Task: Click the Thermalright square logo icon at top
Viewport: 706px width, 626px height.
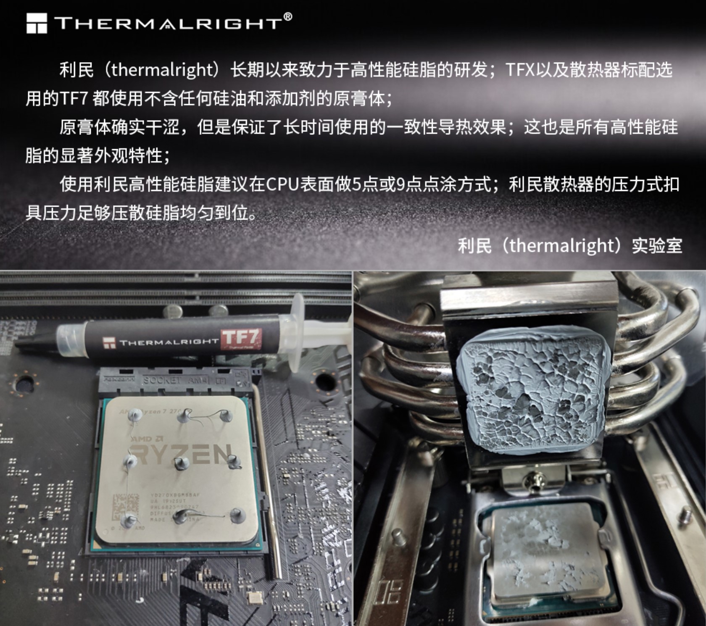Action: [37, 23]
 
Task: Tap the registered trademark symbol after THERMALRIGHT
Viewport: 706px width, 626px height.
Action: [287, 17]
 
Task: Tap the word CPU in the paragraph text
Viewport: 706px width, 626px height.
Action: [282, 184]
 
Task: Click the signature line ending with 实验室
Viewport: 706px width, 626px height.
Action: [569, 246]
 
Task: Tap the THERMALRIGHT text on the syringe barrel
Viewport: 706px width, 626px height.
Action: [168, 342]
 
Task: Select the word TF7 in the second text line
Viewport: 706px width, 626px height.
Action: [74, 99]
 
